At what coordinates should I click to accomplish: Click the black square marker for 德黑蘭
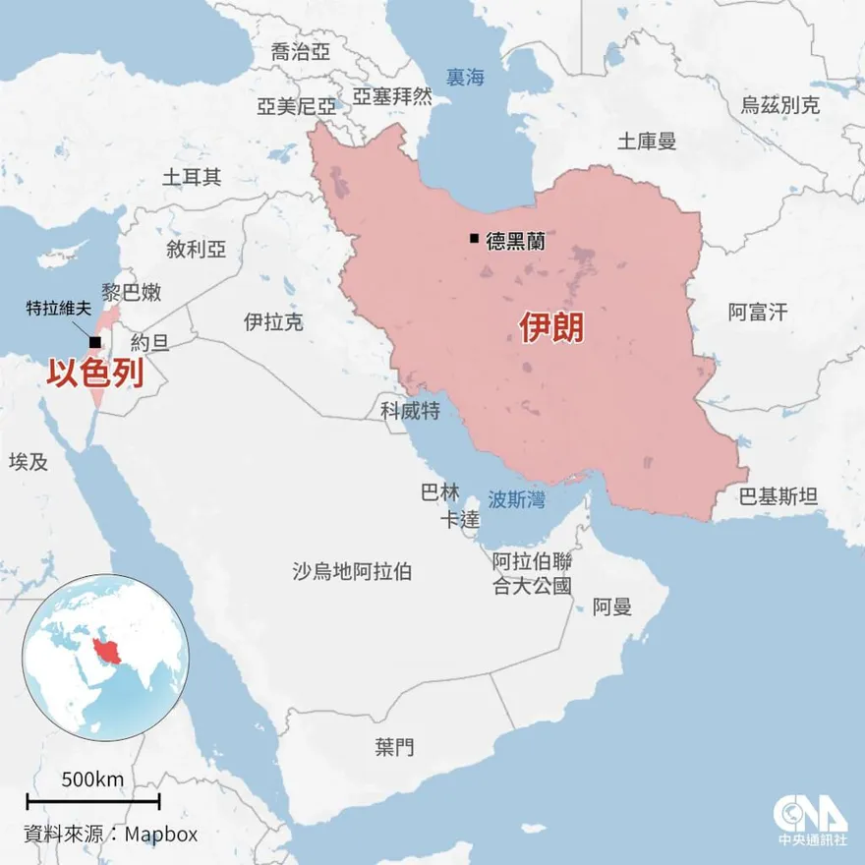tap(475, 239)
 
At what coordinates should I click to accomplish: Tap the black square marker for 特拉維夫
tap(93, 342)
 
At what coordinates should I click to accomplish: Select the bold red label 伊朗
tap(551, 327)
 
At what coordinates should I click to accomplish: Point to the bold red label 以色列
tap(96, 375)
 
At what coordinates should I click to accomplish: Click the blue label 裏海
tap(465, 77)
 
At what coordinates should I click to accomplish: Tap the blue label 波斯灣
tap(516, 499)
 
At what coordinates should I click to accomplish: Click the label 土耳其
tap(192, 177)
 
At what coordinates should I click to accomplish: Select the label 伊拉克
tap(273, 321)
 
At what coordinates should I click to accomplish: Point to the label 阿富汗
tap(758, 313)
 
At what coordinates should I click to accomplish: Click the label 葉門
tap(394, 747)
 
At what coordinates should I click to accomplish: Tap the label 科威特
tap(410, 409)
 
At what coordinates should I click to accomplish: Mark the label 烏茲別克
tap(779, 106)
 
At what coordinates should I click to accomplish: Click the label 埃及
tap(28, 461)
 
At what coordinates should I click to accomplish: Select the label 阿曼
tap(612, 606)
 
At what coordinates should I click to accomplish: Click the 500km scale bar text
tap(92, 779)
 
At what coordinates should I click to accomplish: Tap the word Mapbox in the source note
tap(162, 834)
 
